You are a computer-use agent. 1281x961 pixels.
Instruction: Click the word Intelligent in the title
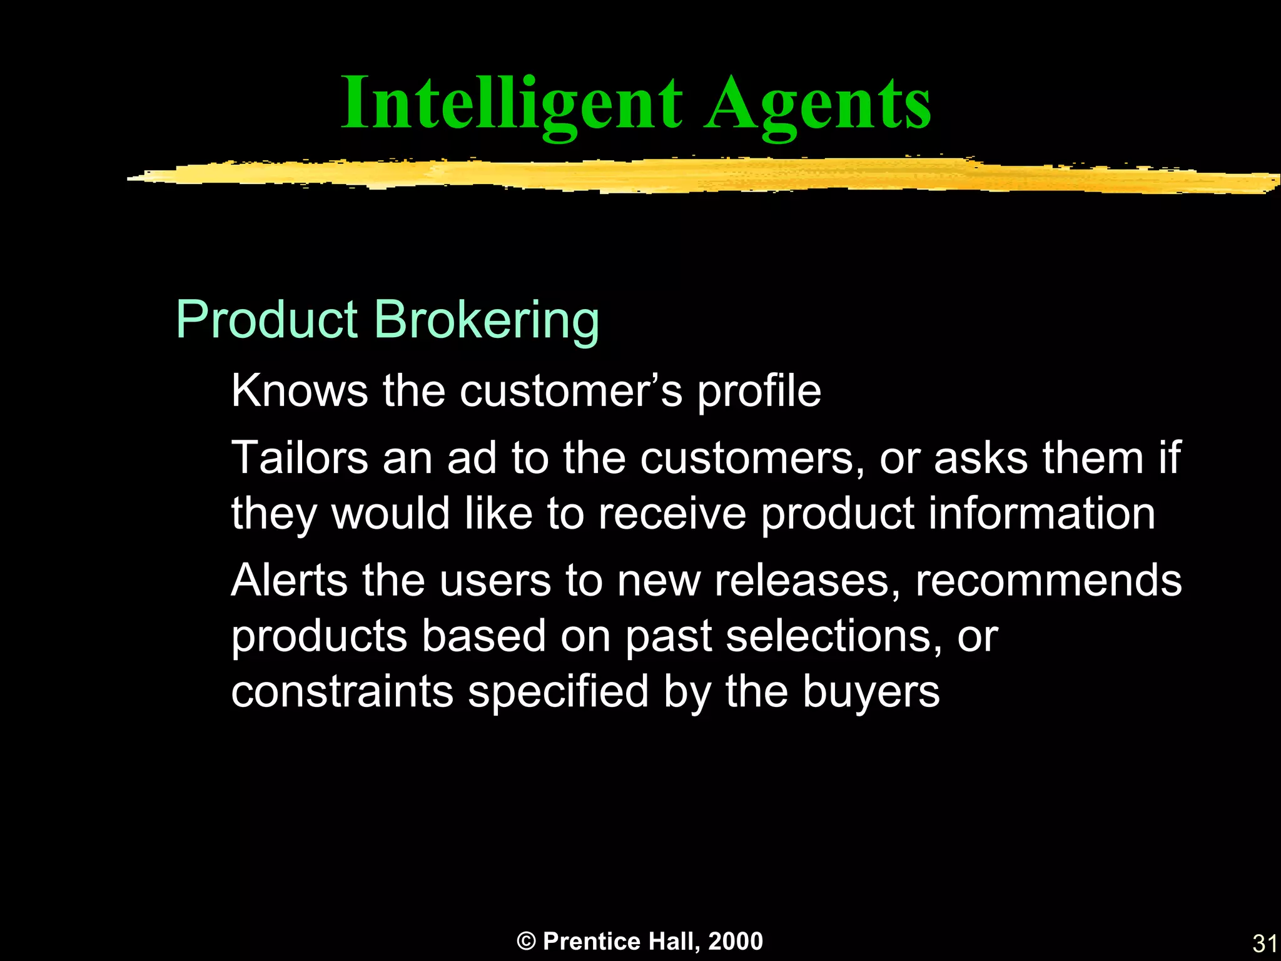[x=512, y=104]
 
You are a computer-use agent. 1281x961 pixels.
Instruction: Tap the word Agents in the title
[x=818, y=104]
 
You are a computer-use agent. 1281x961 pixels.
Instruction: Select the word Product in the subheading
[x=266, y=320]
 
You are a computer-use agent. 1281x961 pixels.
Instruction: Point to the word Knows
[x=300, y=391]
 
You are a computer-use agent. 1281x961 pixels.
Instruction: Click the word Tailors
[x=300, y=458]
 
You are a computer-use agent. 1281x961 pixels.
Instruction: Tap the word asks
[x=981, y=458]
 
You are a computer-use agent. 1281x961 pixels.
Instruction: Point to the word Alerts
[x=289, y=580]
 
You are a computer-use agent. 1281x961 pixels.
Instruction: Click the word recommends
[x=1048, y=580]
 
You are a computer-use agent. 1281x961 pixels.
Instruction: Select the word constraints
[x=342, y=692]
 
